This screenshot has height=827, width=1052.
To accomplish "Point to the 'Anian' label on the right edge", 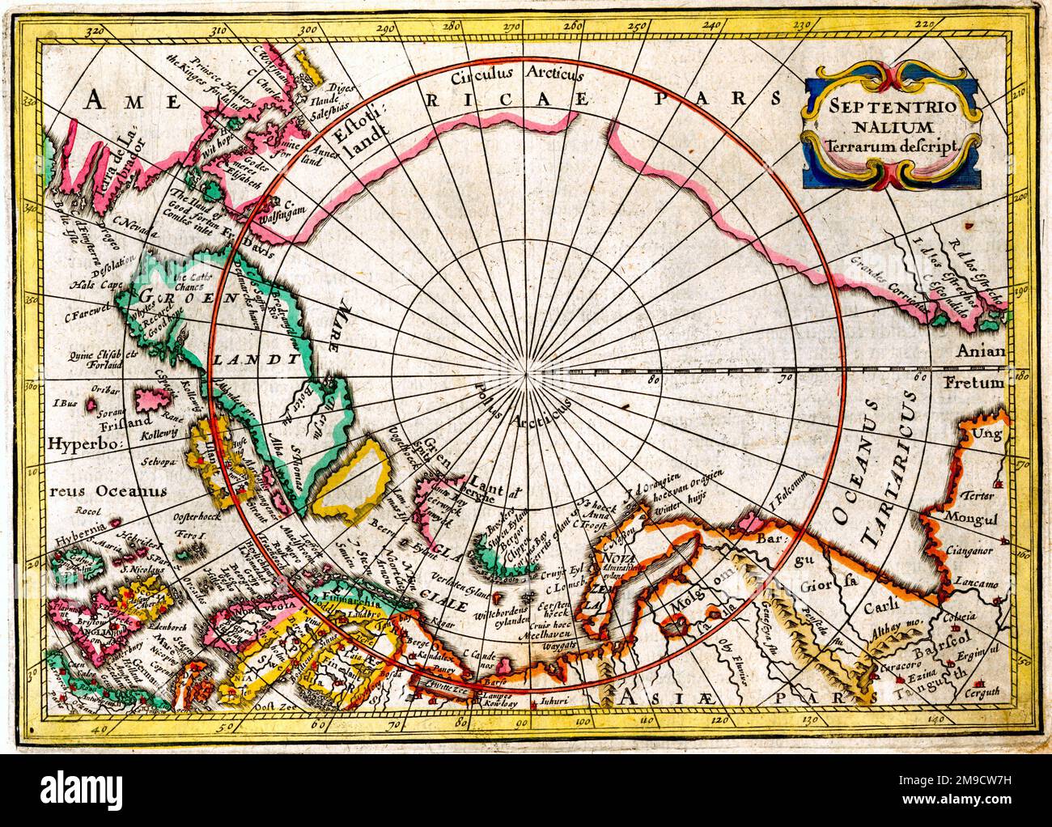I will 980,351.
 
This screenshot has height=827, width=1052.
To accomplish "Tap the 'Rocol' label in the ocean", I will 84,511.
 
